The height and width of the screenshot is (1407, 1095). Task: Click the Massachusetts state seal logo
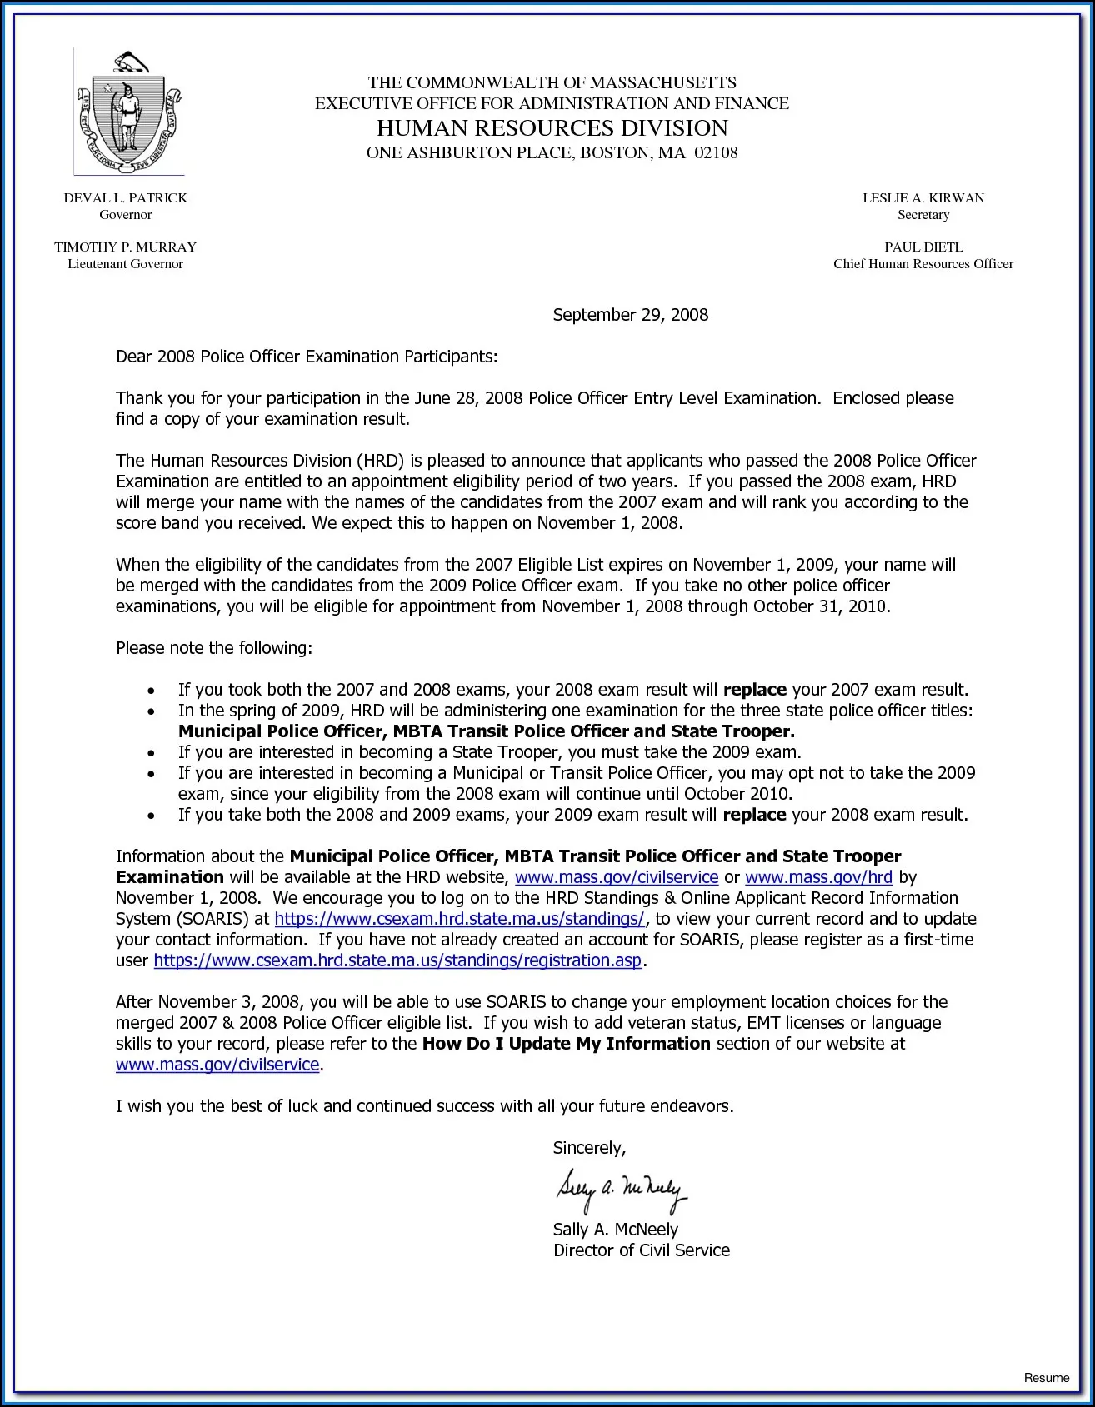click(129, 112)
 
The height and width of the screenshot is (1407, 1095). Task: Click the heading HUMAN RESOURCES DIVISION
click(552, 127)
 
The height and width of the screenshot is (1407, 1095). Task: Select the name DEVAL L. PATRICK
click(126, 198)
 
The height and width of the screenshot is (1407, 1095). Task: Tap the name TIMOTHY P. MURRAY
click(126, 247)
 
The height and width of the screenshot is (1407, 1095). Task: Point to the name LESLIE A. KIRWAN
click(923, 198)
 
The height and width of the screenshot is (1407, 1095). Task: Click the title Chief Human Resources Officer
click(923, 264)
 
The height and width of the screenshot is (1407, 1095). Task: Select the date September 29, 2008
click(631, 315)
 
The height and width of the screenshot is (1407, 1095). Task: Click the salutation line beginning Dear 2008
click(306, 357)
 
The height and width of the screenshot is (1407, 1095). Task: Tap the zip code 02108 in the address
click(716, 153)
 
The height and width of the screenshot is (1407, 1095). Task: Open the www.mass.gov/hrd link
click(818, 877)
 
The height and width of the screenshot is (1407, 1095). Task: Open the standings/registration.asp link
click(397, 960)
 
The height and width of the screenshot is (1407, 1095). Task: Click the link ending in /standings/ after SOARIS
click(459, 919)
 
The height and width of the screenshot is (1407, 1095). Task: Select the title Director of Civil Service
click(641, 1250)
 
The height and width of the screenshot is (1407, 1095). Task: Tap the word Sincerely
click(589, 1148)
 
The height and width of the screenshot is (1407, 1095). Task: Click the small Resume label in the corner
click(1046, 1378)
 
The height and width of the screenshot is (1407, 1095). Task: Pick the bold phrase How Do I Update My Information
click(566, 1044)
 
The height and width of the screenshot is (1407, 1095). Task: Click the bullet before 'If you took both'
click(151, 691)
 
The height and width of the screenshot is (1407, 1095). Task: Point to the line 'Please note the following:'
click(214, 648)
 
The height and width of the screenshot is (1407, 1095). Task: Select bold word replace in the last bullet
click(754, 815)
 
